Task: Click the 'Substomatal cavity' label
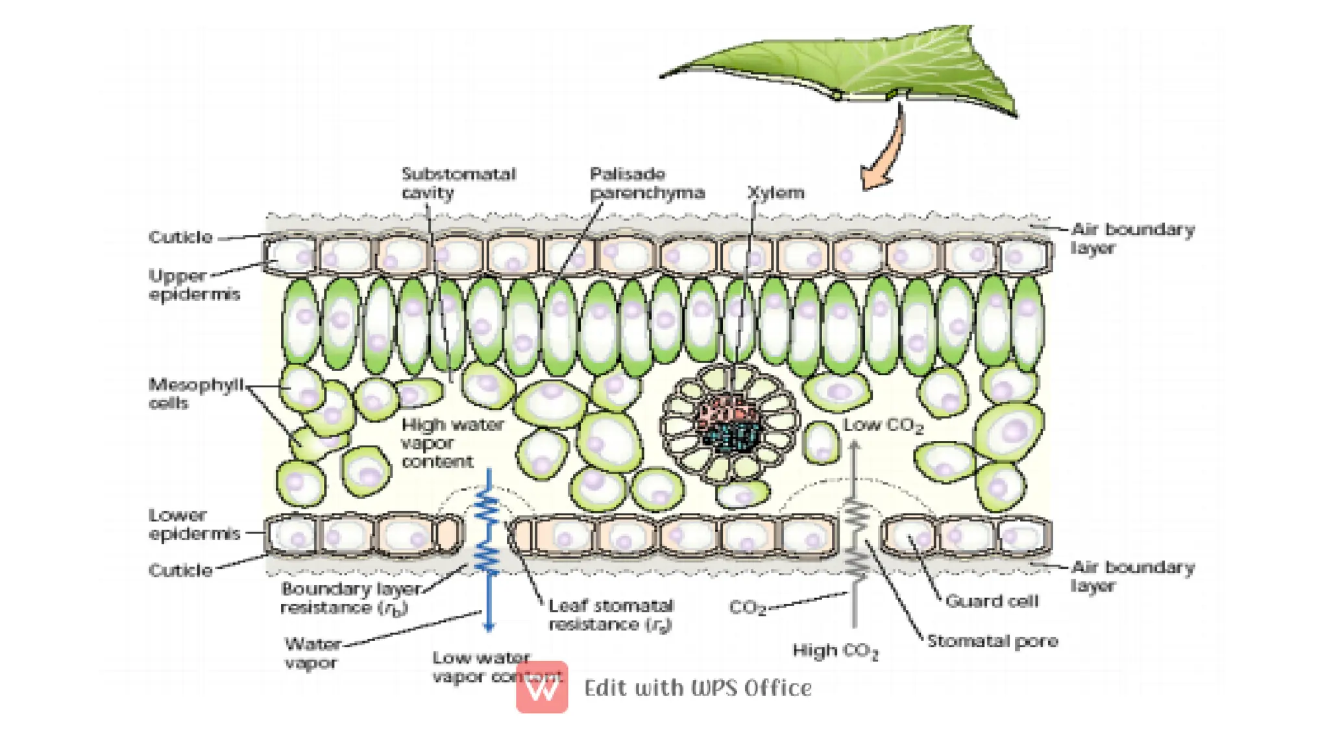[x=458, y=183]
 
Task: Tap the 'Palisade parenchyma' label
[x=646, y=183]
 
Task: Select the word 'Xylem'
[x=776, y=193]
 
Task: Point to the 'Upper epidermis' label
[x=193, y=284]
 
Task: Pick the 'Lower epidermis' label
[x=193, y=524]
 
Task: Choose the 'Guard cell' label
[x=992, y=601]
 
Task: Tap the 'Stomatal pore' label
[x=992, y=641]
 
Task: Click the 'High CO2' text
[x=835, y=651]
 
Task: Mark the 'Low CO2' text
[x=883, y=426]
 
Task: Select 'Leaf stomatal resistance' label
[x=611, y=614]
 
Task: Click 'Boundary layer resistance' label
[x=350, y=598]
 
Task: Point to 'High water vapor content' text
[x=452, y=443]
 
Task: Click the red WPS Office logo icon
[x=542, y=688]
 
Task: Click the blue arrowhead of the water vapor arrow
[x=489, y=627]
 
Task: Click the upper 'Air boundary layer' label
[x=1132, y=238]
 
